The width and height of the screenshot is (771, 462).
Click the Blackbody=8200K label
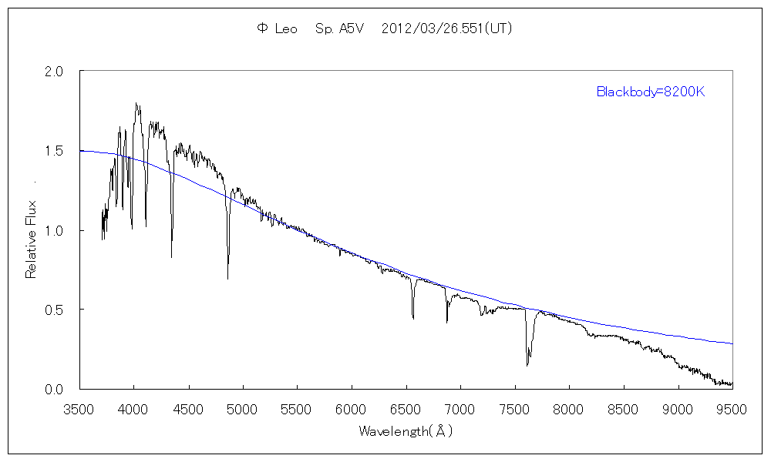click(651, 92)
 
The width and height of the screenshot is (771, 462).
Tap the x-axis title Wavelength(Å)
click(406, 431)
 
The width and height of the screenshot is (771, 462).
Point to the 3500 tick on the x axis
click(80, 409)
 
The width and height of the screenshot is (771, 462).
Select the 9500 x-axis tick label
click(732, 409)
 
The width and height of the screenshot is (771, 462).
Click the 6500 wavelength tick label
click(406, 409)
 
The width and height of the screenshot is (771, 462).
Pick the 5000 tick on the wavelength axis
click(243, 409)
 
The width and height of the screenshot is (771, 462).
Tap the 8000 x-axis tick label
click(569, 409)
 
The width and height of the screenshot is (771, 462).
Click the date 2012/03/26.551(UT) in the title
click(447, 28)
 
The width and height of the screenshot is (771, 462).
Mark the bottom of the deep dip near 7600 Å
click(527, 365)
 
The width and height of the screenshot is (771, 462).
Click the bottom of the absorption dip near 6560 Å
click(413, 317)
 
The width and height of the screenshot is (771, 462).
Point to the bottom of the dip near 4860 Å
click(227, 279)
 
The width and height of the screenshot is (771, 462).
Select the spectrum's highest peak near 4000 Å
click(136, 103)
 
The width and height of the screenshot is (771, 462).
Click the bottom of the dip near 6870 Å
click(447, 322)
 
